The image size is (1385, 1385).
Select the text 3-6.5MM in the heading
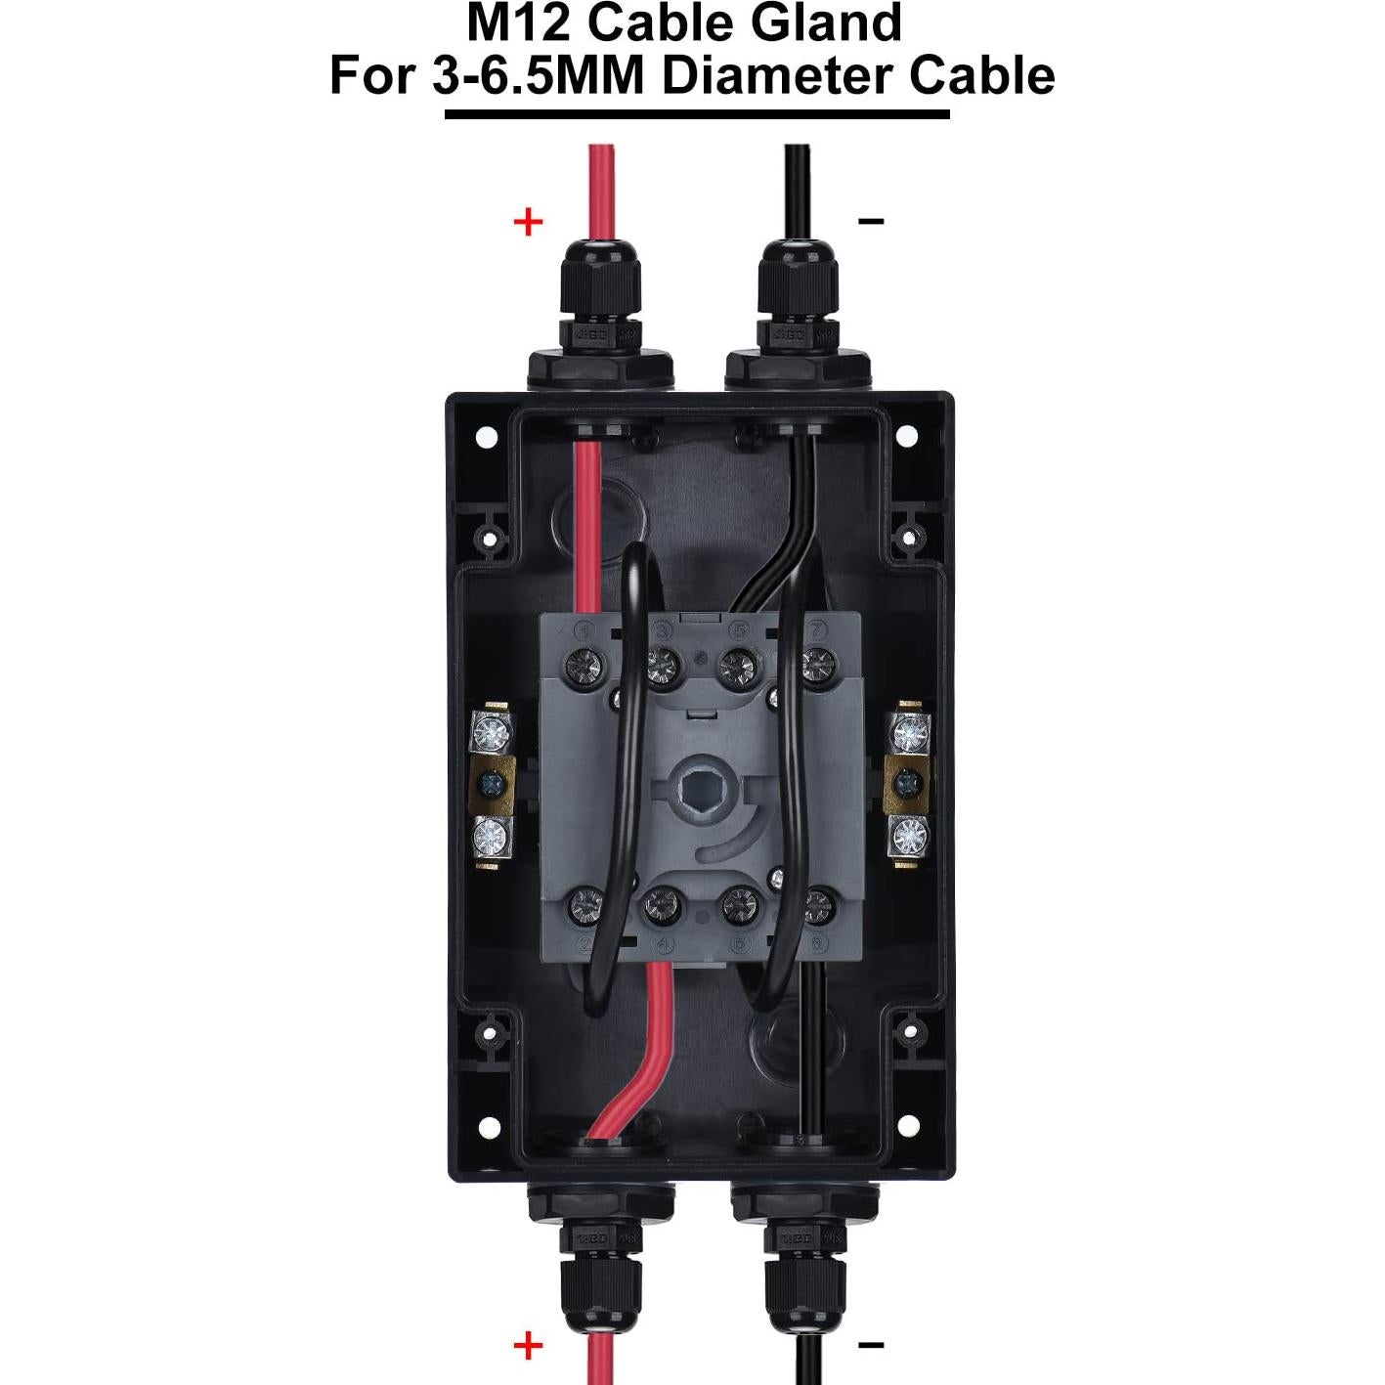coord(538,76)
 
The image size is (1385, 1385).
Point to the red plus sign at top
coord(528,222)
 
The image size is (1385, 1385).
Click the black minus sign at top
coord(871,222)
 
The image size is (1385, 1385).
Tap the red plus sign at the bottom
coord(528,1346)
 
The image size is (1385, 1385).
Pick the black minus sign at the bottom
coord(871,1346)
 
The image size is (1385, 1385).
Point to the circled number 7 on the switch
coord(816,630)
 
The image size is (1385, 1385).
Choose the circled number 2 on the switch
coord(586,944)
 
